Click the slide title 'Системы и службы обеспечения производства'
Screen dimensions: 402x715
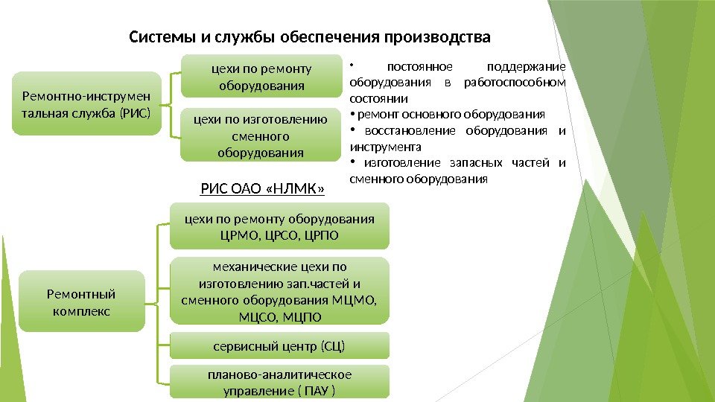click(311, 37)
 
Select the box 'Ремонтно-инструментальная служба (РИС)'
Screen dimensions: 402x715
click(86, 103)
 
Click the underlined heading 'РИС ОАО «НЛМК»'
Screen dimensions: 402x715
click(263, 188)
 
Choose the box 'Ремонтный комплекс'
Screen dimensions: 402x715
click(82, 301)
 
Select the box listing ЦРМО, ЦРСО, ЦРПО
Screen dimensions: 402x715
click(279, 226)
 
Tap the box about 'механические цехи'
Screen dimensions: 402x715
click(279, 291)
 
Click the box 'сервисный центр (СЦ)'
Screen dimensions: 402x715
click(279, 346)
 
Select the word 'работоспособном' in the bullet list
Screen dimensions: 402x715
click(514, 82)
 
